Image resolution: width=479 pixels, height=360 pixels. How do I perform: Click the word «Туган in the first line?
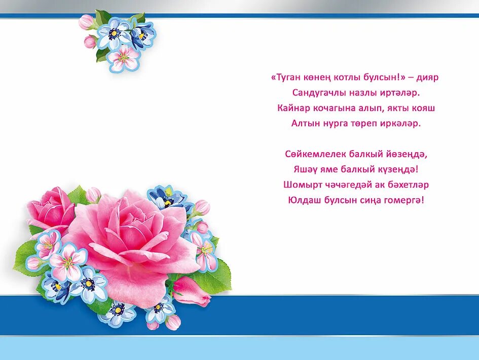(286, 77)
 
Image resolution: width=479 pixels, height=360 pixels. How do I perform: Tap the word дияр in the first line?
(427, 78)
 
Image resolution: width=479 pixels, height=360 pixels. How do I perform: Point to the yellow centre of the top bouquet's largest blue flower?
(114, 33)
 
